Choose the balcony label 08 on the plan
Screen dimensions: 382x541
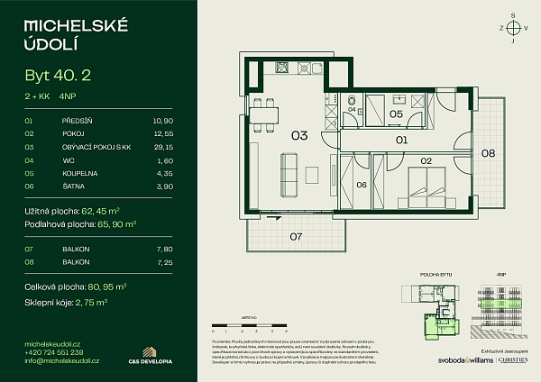click(488, 153)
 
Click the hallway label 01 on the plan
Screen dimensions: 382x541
click(402, 141)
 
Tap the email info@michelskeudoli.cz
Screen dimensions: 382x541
click(62, 360)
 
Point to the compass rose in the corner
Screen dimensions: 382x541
click(513, 28)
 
